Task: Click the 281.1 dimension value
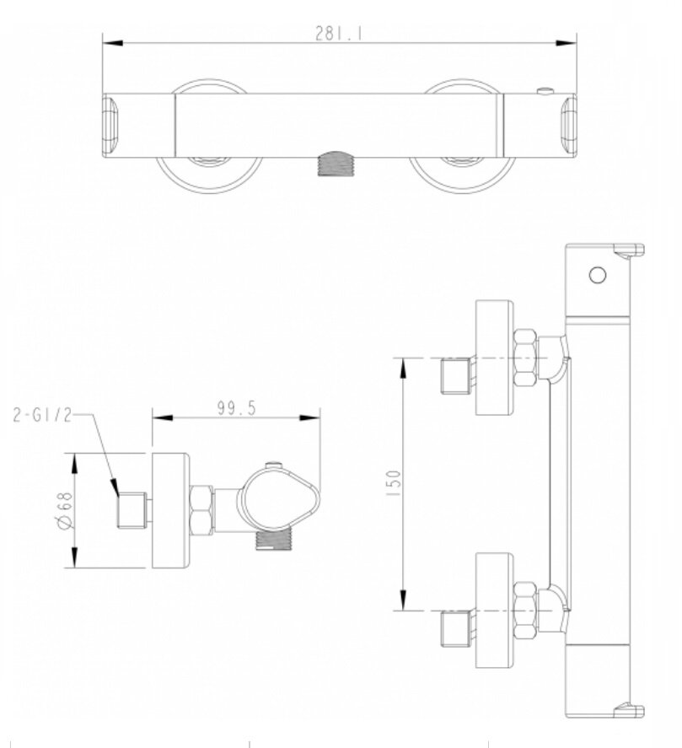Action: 339,34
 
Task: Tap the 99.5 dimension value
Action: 237,408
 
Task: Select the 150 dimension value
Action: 395,483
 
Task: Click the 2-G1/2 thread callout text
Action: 42,415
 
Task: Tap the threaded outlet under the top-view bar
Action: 336,164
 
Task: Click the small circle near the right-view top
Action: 598,275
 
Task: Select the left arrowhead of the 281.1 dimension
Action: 113,43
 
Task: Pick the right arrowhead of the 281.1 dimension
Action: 567,43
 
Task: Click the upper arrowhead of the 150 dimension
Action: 404,368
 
